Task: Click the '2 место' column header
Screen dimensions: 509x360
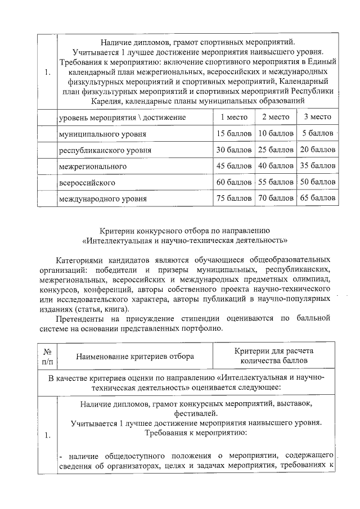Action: pyautogui.click(x=276, y=117)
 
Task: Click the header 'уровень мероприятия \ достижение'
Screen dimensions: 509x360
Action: pyautogui.click(x=122, y=117)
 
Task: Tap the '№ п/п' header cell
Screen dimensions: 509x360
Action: pyautogui.click(x=47, y=355)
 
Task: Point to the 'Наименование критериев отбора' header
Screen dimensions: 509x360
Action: pyautogui.click(x=135, y=356)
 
